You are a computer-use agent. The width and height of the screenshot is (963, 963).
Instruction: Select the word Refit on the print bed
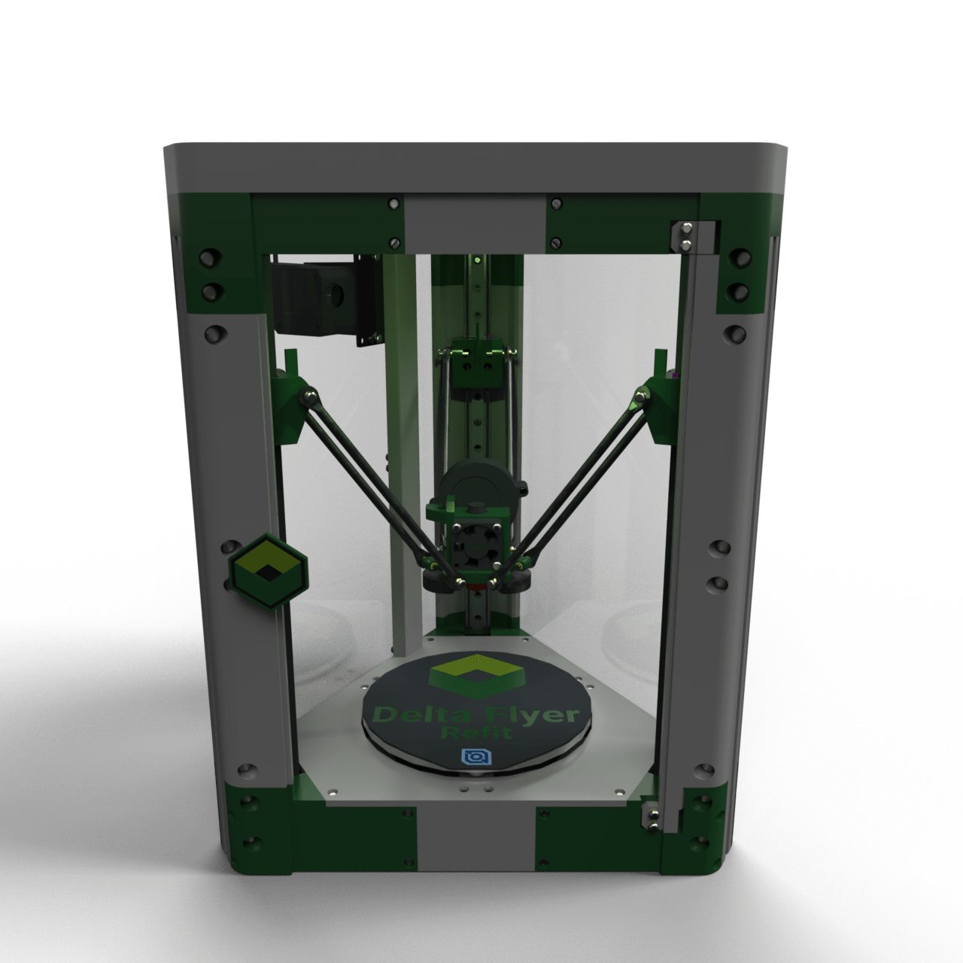pos(474,732)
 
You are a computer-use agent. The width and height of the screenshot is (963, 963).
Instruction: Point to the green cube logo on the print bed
pos(474,673)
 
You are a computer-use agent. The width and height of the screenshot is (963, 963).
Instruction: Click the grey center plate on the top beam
pos(474,223)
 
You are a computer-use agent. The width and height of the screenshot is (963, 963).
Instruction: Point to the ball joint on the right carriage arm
pos(642,393)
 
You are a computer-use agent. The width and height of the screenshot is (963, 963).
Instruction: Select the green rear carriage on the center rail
pos(475,365)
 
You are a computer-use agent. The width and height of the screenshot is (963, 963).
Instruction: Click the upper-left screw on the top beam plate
pos(393,203)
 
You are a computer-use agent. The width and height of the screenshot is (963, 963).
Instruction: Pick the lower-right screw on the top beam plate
pos(556,242)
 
